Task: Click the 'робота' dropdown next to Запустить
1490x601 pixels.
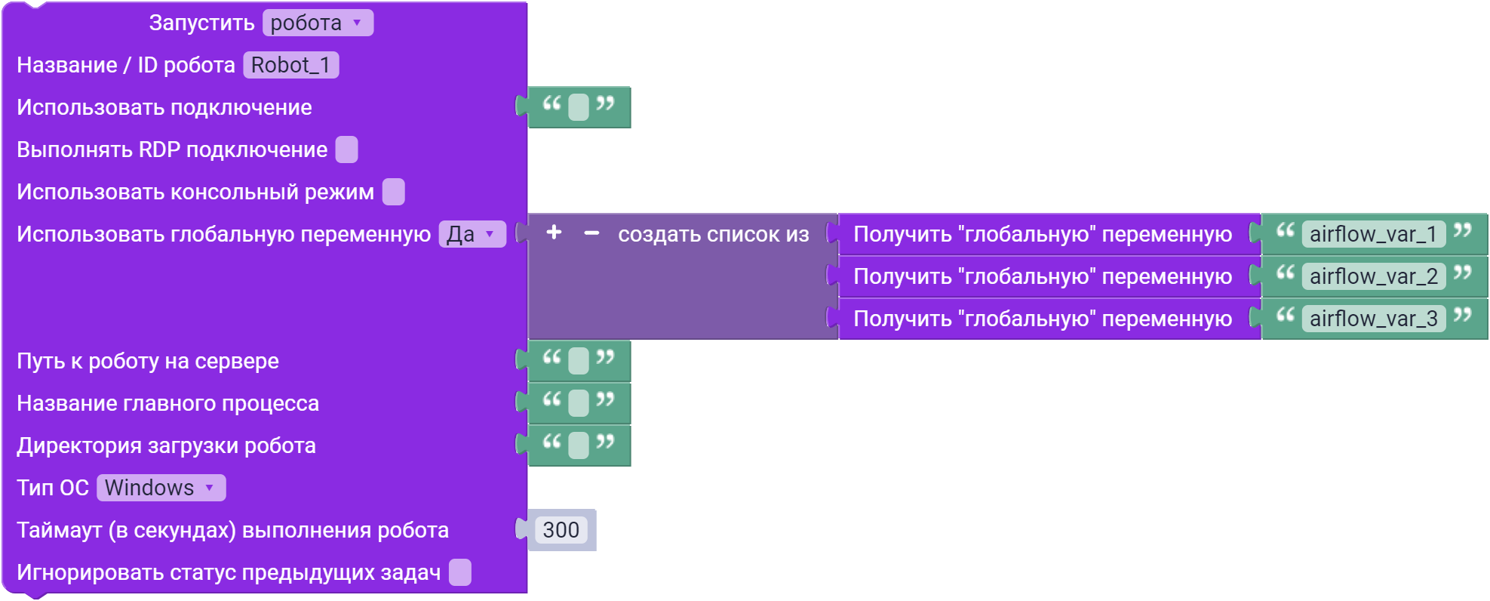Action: (318, 23)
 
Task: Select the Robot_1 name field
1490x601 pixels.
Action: (290, 65)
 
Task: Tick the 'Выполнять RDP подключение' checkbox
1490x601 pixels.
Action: (346, 149)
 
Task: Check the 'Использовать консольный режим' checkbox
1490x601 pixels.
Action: (393, 192)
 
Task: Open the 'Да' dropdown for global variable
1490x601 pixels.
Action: (472, 234)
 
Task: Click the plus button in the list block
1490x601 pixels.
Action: (554, 233)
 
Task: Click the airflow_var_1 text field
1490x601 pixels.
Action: (1373, 234)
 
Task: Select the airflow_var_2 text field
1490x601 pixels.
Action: (1373, 276)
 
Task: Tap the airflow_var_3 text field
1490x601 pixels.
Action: (1373, 319)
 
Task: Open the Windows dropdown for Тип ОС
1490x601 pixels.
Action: (161, 488)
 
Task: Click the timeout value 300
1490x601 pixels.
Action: (561, 530)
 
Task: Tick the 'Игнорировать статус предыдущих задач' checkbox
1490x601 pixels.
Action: (459, 572)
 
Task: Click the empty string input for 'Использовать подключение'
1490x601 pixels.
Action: (579, 107)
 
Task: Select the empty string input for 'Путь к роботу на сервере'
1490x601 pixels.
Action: (579, 361)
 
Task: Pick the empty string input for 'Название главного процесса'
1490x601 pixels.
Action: (579, 403)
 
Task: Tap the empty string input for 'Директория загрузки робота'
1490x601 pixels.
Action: (579, 445)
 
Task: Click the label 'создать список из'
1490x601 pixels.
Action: (713, 234)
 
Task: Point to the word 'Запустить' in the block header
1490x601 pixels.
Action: (201, 23)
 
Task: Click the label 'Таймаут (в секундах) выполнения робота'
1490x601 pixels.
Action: (232, 530)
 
